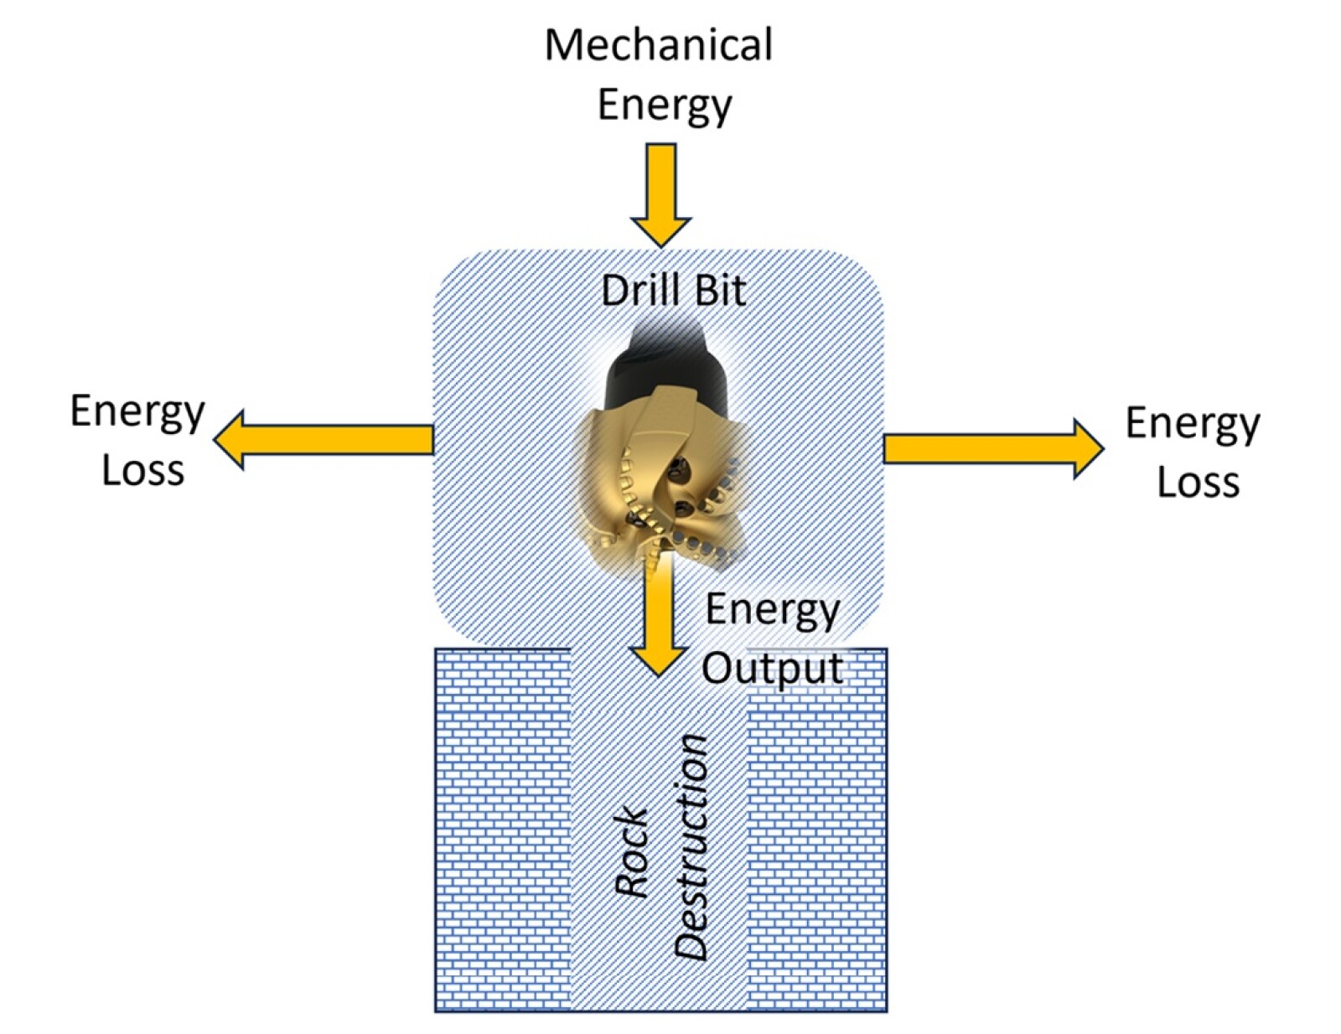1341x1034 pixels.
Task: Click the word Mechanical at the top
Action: tap(658, 45)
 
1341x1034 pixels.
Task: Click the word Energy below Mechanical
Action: tap(665, 106)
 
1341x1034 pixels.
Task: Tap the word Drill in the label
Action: tap(637, 291)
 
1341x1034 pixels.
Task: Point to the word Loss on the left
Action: tap(142, 471)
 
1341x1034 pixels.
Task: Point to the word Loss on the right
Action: tap(1198, 483)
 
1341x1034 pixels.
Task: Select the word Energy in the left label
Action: tap(137, 412)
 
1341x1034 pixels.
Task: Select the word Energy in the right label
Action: tap(1192, 424)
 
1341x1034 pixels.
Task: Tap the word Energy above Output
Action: tap(772, 610)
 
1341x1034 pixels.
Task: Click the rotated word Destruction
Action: tap(692, 846)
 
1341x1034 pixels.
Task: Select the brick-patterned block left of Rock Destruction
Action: tap(501, 830)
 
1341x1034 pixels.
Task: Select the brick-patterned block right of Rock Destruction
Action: tap(816, 830)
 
